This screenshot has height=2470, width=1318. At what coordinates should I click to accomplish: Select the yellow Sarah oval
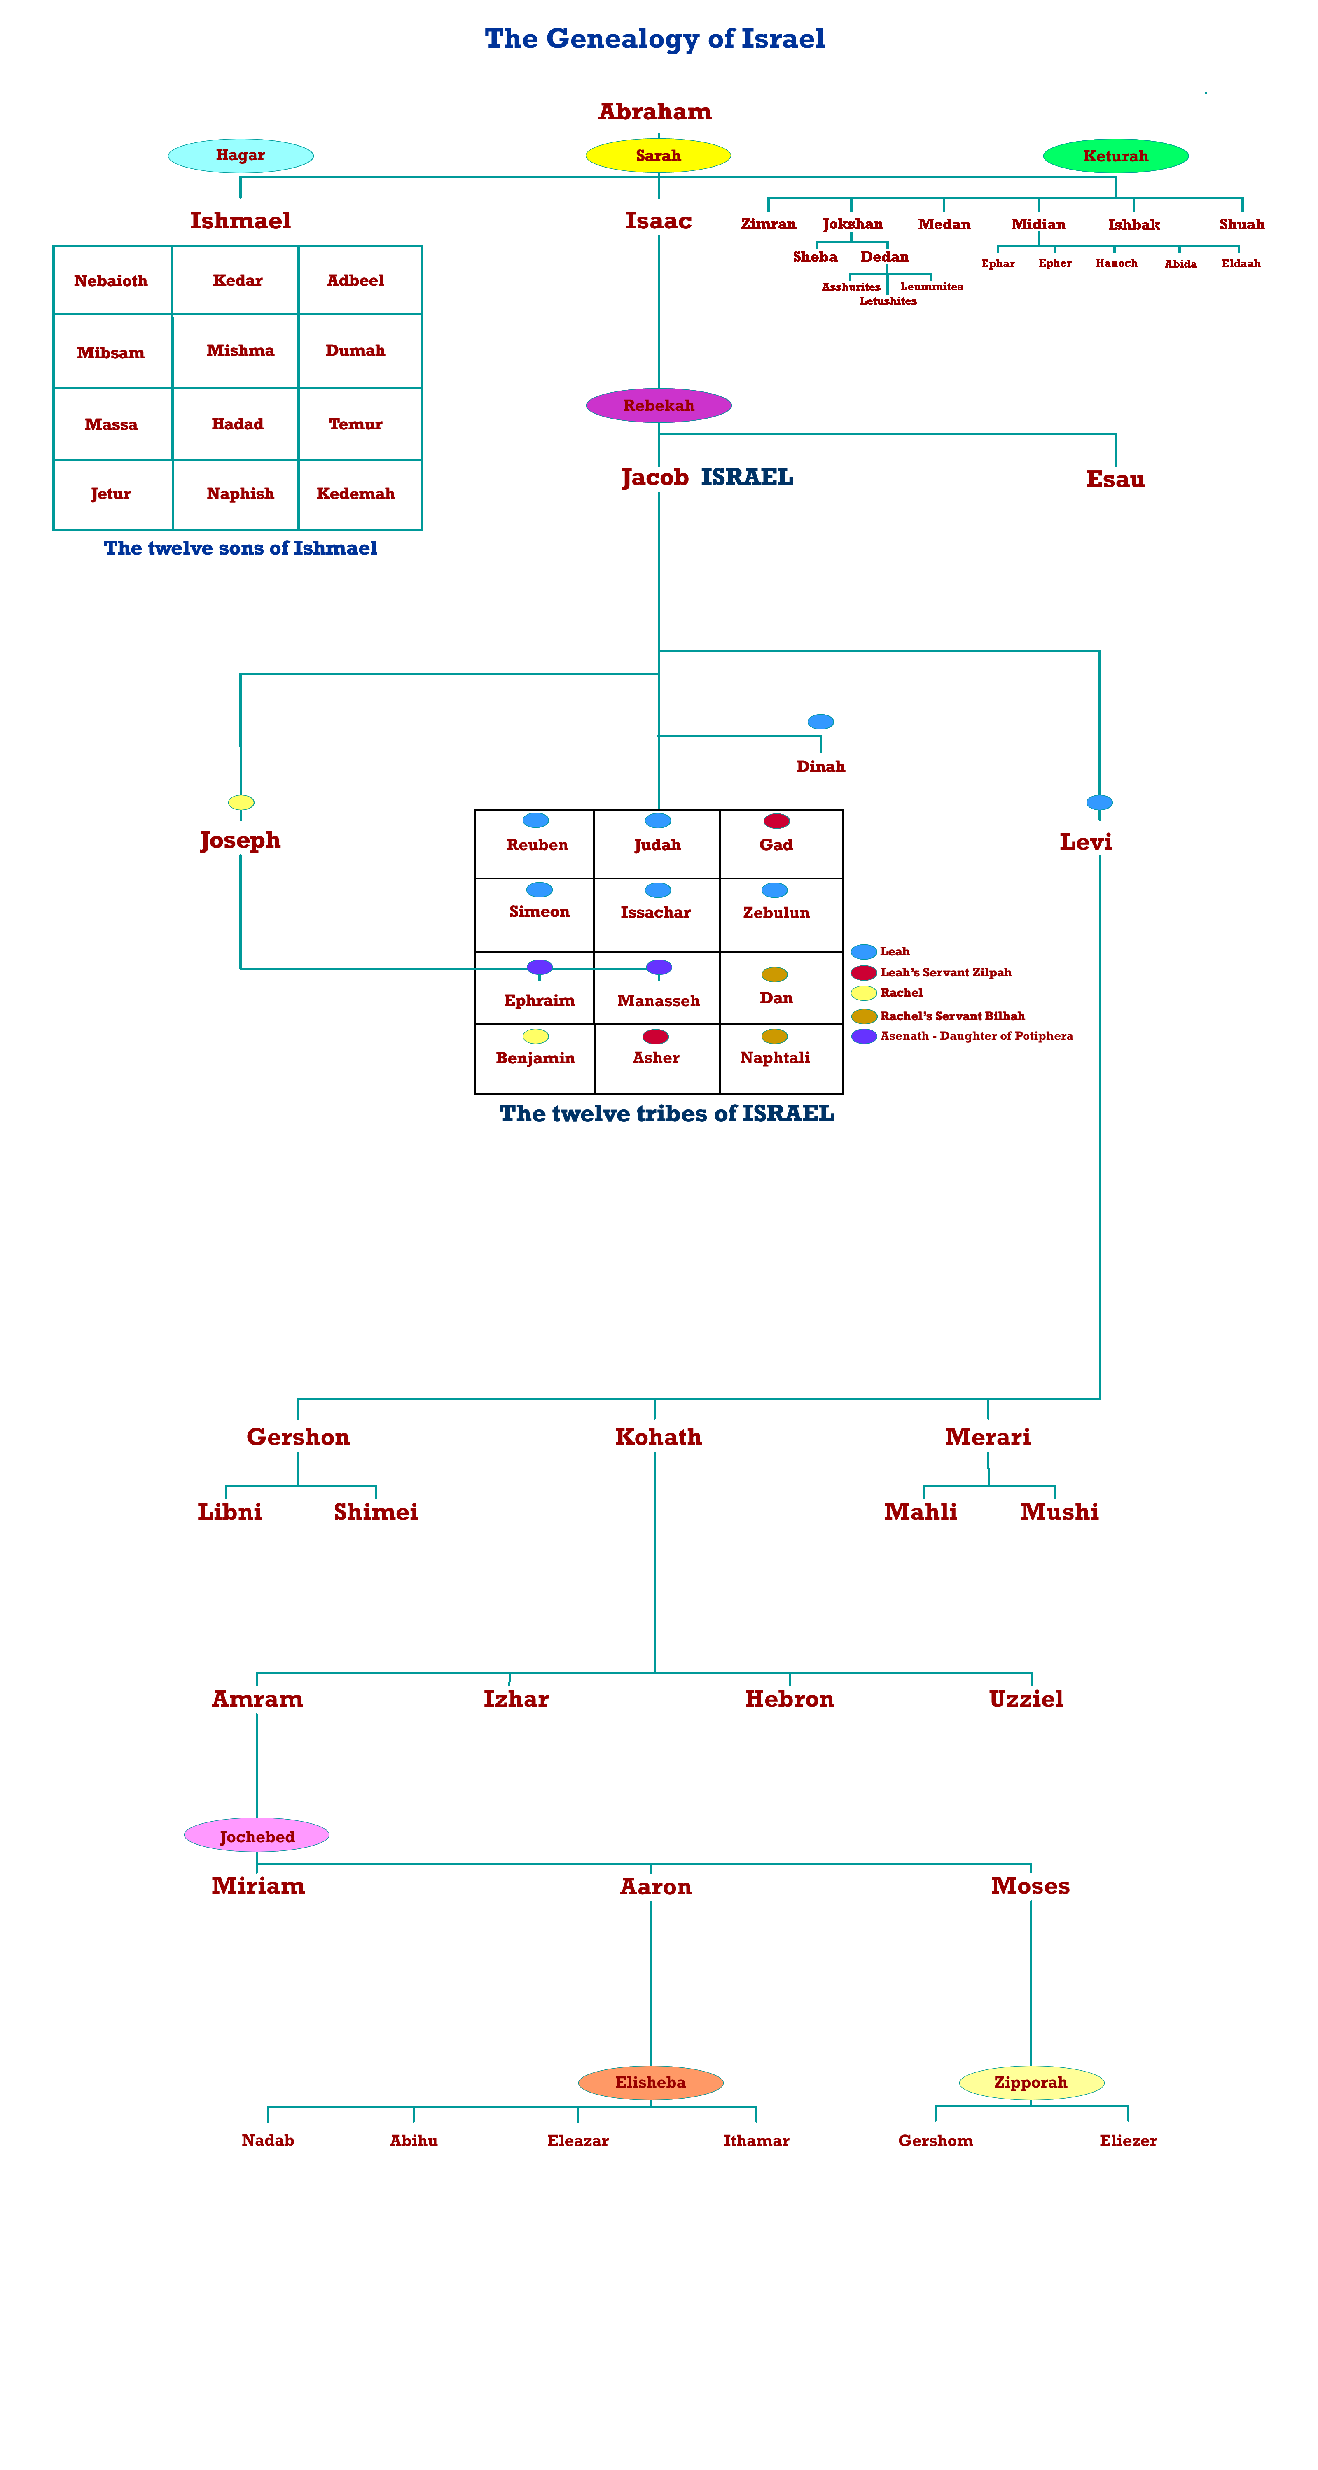click(x=658, y=155)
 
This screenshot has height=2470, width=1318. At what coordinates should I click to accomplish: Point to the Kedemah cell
click(x=357, y=494)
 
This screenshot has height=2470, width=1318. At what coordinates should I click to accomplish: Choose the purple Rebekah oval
click(x=658, y=405)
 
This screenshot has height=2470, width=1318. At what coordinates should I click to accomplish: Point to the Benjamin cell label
click(x=535, y=1058)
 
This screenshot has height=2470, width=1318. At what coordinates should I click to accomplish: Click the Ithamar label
click(x=759, y=2138)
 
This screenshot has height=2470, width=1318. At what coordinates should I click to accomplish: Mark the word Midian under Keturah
click(x=1038, y=224)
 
